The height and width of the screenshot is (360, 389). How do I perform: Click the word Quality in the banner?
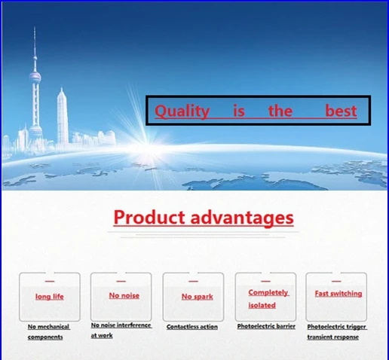182,111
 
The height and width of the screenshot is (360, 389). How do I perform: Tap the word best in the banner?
341,111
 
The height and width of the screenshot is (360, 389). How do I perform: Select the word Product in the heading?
149,218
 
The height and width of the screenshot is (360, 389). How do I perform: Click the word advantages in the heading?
242,218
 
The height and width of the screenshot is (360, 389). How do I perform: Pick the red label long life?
50,297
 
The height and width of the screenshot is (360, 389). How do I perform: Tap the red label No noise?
124,295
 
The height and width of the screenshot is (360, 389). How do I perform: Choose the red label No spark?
198,297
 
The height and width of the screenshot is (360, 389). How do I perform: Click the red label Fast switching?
338,294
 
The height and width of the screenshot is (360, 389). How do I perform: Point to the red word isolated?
262,305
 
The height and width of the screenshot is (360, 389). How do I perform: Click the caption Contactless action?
192,327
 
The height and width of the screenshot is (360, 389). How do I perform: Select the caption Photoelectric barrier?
266,326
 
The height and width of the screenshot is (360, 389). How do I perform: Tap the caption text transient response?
332,337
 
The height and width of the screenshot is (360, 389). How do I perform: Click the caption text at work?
102,335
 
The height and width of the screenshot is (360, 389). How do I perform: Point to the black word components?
45,337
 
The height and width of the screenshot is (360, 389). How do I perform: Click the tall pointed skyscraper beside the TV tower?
63,118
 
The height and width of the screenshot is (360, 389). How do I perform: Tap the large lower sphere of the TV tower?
35,130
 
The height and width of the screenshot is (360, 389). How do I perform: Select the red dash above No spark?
193,281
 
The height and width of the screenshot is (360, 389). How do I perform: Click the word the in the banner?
280,111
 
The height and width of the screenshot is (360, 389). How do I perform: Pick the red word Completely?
268,292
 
